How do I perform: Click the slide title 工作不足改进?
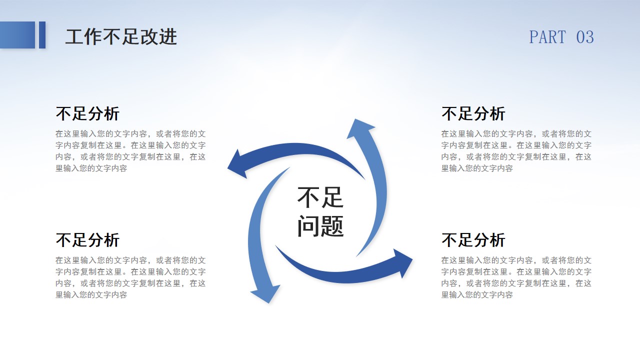tap(121, 37)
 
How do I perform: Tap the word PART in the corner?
tap(547, 37)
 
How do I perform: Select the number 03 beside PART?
tap(585, 37)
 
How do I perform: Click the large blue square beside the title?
tap(17, 35)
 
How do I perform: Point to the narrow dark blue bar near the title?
tap(42, 35)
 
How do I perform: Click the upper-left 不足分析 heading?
tap(87, 113)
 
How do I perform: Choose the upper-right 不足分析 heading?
tap(473, 113)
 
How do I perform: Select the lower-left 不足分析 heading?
tap(87, 239)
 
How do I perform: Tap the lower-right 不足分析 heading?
tap(473, 239)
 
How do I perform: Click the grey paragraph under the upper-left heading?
tap(130, 151)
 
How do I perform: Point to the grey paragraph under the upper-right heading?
tap(516, 151)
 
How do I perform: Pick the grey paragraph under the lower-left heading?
tap(130, 277)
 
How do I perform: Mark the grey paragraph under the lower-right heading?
tap(516, 277)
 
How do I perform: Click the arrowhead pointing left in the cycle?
tap(237, 165)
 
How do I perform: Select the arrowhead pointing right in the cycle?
tap(402, 262)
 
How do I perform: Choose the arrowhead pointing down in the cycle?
tap(265, 293)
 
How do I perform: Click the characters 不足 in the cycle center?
tap(320, 197)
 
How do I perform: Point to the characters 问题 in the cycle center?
tap(320, 226)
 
